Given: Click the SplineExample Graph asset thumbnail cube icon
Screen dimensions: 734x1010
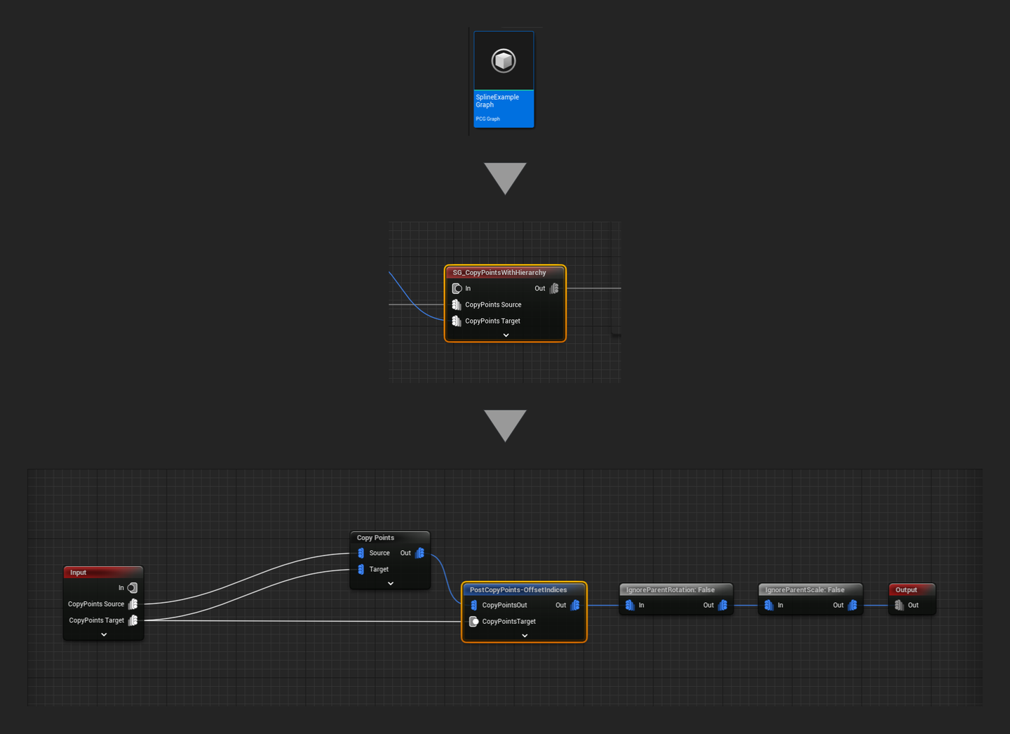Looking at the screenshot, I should pyautogui.click(x=504, y=61).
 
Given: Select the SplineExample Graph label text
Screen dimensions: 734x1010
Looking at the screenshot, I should pyautogui.click(x=497, y=101).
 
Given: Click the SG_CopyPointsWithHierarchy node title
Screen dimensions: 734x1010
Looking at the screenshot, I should pyautogui.click(x=499, y=272).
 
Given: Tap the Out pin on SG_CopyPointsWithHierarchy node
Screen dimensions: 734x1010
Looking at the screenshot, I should pyautogui.click(x=554, y=288).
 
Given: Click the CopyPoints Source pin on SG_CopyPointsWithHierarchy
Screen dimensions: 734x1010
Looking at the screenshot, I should pyautogui.click(x=457, y=305).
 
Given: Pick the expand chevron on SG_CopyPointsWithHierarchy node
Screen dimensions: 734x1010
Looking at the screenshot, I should pyautogui.click(x=506, y=335).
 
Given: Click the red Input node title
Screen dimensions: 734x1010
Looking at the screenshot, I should pyautogui.click(x=78, y=573).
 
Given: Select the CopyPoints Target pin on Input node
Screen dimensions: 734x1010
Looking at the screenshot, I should pyautogui.click(x=133, y=620).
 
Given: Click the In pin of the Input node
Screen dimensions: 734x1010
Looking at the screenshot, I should pyautogui.click(x=133, y=588).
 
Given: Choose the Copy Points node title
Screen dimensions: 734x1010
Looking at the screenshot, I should pyautogui.click(x=375, y=538).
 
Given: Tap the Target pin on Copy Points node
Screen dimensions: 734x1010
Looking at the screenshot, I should pyautogui.click(x=361, y=569).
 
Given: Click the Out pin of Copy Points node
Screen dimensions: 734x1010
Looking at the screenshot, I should pyautogui.click(x=419, y=553).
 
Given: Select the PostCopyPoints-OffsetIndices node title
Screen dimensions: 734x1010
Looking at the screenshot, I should pyautogui.click(x=518, y=589).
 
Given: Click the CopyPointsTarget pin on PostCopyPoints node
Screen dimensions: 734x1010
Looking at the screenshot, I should pyautogui.click(x=474, y=621).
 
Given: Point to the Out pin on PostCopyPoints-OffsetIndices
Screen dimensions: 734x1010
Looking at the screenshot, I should pyautogui.click(x=575, y=605).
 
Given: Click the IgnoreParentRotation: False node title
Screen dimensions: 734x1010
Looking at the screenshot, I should pyautogui.click(x=671, y=589).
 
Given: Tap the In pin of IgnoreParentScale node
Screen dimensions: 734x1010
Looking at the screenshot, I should pyautogui.click(x=769, y=605).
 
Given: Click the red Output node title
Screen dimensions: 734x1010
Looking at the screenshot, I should pyautogui.click(x=906, y=589).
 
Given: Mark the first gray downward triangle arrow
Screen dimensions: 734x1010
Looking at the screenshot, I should pyautogui.click(x=505, y=177).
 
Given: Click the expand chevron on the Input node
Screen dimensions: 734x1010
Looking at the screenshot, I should pyautogui.click(x=104, y=634).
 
